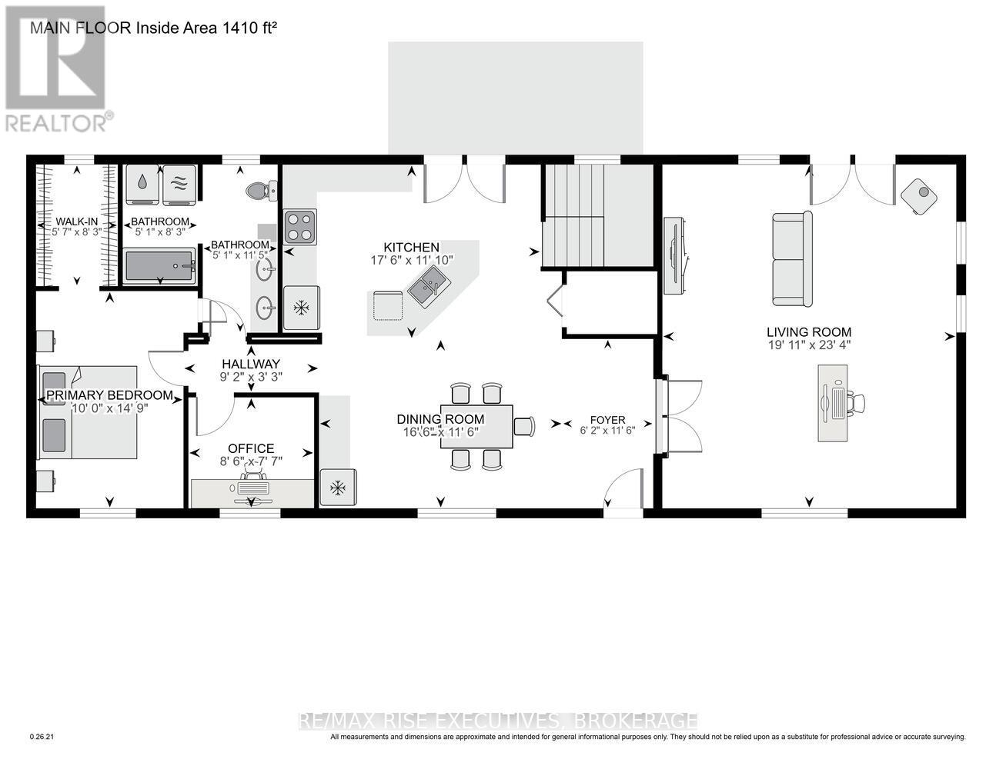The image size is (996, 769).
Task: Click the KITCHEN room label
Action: [x=411, y=248]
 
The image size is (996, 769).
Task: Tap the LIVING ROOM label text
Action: [x=809, y=332]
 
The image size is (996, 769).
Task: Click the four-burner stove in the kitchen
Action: [x=299, y=227]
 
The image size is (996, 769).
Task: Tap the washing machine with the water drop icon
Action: [x=142, y=185]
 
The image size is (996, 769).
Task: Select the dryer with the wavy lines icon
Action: [x=179, y=185]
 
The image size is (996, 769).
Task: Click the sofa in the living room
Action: [x=792, y=259]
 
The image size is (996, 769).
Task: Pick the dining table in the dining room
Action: [x=476, y=427]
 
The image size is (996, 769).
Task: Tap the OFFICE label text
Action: [x=251, y=448]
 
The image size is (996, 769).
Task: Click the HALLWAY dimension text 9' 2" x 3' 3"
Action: [x=251, y=377]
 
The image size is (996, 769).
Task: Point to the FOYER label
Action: [x=608, y=420]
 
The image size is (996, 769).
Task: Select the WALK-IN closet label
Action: [x=77, y=222]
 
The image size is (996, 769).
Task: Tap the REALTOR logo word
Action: [x=57, y=124]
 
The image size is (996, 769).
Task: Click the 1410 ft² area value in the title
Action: [x=249, y=28]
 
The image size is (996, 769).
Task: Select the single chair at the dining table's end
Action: [x=524, y=426]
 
